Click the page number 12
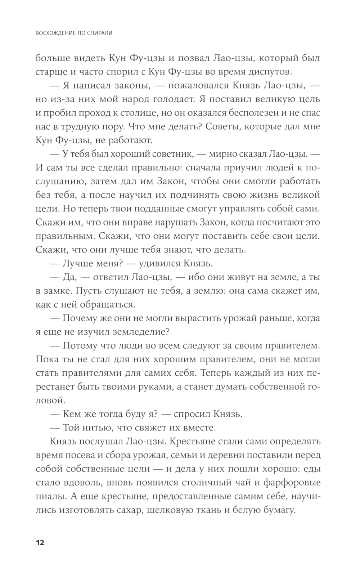point(40,542)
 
